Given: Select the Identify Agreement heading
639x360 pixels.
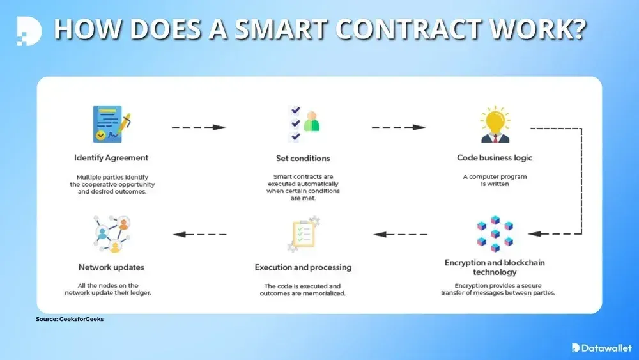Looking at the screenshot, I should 111,158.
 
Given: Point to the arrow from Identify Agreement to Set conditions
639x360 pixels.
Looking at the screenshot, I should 199,127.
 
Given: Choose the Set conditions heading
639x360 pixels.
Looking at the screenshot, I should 303,158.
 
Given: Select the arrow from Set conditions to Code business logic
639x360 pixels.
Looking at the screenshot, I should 399,127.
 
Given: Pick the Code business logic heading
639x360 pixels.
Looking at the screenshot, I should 495,158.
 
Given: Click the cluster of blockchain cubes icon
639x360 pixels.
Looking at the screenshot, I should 495,233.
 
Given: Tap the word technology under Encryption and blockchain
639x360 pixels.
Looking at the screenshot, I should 495,272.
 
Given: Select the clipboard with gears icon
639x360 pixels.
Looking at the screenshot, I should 303,235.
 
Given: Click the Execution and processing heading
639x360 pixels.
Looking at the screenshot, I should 303,267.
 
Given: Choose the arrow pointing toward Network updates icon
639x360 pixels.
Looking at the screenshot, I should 199,234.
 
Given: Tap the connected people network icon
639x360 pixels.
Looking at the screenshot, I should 111,234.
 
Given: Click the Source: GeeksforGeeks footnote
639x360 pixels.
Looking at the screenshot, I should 70,319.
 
